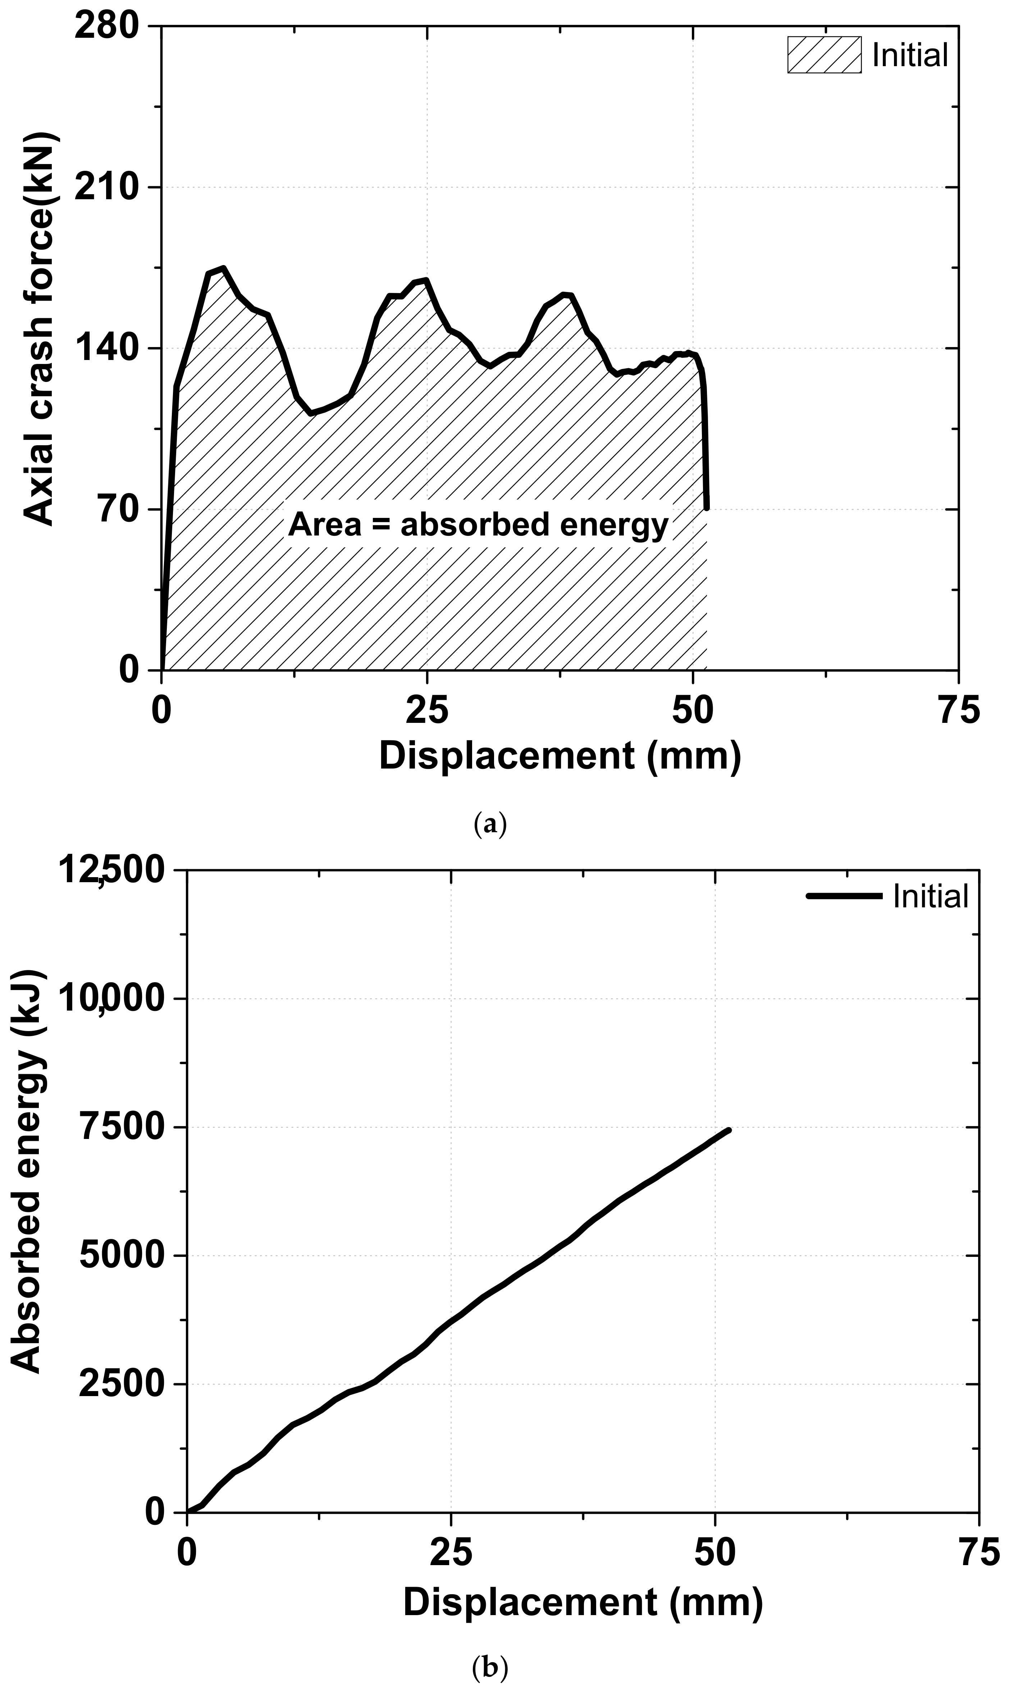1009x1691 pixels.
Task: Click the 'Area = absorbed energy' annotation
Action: pos(478,525)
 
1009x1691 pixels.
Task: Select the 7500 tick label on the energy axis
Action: pos(122,1127)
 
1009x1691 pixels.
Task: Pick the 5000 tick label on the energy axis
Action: pos(122,1255)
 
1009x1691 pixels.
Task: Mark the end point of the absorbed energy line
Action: pos(729,1130)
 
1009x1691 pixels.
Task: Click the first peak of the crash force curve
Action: pos(222,269)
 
